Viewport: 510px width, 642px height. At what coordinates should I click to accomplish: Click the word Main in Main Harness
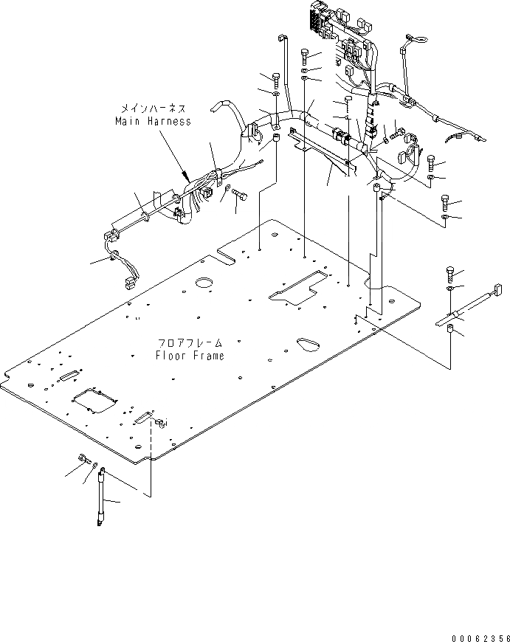(x=127, y=121)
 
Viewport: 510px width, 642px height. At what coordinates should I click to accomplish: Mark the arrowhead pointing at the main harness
(x=185, y=177)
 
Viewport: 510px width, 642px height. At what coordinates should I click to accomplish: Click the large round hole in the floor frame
(x=204, y=284)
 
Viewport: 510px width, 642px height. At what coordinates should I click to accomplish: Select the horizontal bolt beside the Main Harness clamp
(x=240, y=194)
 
